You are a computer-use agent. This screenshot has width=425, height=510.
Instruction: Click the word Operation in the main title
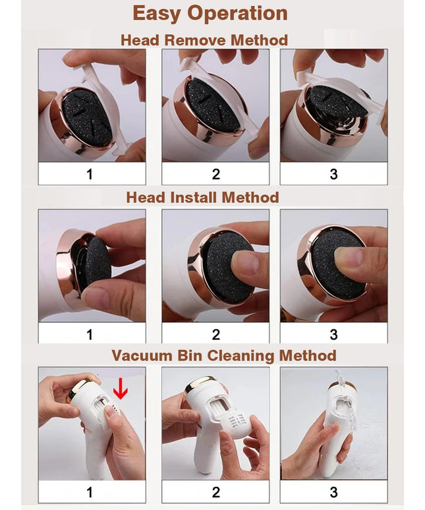237,14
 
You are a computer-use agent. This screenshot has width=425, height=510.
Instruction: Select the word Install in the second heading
194,198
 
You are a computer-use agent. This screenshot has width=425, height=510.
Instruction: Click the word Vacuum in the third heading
142,355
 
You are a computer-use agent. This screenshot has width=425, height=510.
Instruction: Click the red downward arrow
121,388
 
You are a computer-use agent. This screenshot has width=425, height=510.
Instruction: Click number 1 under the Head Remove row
90,175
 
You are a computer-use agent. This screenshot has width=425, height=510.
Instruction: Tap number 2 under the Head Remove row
216,175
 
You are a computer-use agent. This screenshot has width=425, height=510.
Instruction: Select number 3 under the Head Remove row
333,175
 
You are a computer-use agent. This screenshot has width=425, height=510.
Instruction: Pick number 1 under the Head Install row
90,335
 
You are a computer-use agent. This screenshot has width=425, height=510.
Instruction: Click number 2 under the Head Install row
216,335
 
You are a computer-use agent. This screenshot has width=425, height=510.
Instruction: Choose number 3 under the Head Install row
333,335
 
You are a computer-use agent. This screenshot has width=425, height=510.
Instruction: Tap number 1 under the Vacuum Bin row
90,492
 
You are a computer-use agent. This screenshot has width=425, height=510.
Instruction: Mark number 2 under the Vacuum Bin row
216,492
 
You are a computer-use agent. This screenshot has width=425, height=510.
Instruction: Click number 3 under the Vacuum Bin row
333,492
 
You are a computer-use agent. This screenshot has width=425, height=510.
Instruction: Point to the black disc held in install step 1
97,260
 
